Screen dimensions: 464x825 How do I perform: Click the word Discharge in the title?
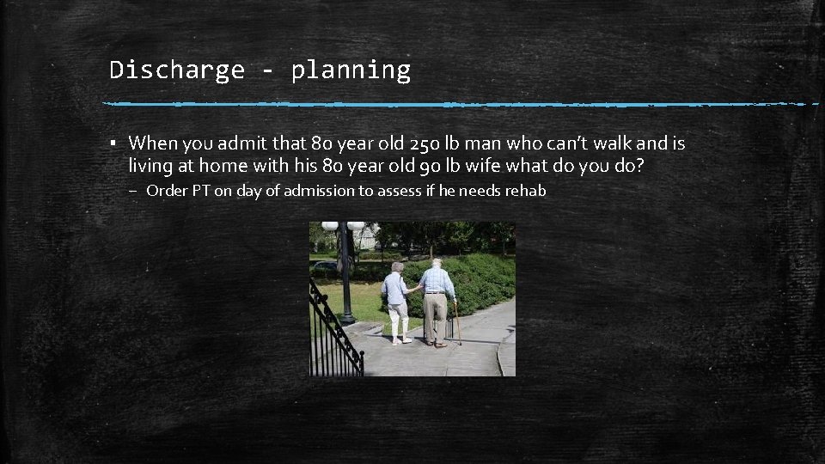coord(177,70)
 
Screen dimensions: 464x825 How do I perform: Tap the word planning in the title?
coord(351,70)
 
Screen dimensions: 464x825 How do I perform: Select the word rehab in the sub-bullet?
coord(526,191)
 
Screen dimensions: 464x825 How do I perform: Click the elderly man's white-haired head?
coord(436,263)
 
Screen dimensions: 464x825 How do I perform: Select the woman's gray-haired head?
coord(396,267)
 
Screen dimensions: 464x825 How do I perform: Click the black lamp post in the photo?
coord(345,275)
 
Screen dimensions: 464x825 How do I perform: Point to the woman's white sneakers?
coord(400,340)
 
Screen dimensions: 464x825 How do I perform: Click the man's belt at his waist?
coord(436,294)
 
